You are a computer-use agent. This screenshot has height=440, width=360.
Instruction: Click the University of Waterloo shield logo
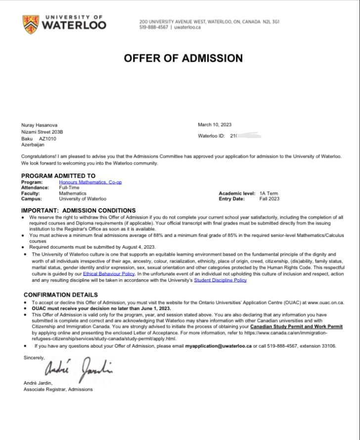(30, 24)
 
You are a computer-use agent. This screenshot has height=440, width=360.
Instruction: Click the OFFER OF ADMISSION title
(183, 58)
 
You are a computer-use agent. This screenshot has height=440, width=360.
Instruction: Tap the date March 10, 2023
(215, 125)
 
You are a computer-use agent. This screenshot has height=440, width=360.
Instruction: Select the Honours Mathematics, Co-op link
(90, 182)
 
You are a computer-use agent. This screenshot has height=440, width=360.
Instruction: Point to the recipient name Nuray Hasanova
(39, 125)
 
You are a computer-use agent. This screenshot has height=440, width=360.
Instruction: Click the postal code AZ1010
(47, 138)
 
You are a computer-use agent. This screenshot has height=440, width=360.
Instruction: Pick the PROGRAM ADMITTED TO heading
(58, 176)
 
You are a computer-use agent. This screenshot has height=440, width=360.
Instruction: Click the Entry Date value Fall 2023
(269, 199)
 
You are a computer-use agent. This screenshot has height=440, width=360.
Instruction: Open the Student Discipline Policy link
(220, 280)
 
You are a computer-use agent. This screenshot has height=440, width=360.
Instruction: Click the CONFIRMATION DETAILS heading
(61, 295)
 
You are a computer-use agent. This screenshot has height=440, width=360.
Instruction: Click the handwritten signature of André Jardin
(79, 367)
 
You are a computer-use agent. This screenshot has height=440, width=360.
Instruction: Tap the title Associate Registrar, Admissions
(58, 389)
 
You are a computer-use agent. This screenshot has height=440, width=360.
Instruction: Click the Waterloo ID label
(211, 135)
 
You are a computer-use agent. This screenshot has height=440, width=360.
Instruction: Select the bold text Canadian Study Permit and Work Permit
(296, 327)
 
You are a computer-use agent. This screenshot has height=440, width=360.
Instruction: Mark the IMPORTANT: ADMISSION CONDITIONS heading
(78, 210)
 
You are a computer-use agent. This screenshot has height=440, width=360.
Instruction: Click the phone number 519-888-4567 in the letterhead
(153, 28)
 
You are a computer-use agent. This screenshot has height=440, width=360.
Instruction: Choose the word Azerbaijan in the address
(33, 145)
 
